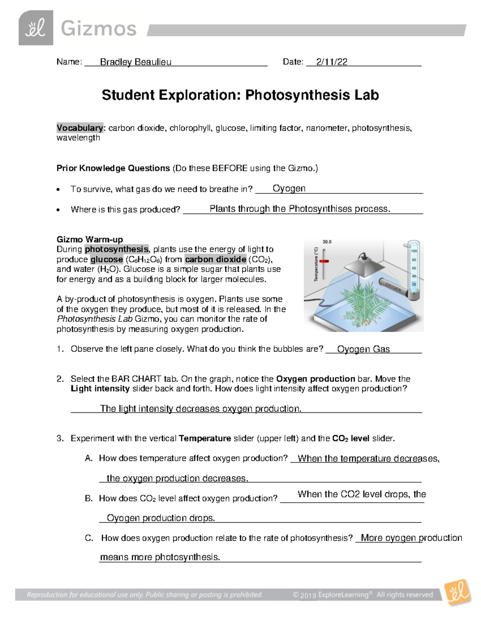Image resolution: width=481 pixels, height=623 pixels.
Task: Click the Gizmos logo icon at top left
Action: pos(36,28)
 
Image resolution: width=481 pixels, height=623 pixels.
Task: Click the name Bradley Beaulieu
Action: pos(135,62)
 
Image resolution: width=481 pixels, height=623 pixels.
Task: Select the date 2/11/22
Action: pos(331,62)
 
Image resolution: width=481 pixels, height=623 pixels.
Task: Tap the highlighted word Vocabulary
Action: pos(80,128)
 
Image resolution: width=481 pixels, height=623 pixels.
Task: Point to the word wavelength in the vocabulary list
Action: pos(78,138)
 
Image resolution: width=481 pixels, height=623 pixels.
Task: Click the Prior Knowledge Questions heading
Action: pos(113,168)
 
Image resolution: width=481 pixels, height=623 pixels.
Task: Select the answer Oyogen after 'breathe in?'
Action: pos(289,188)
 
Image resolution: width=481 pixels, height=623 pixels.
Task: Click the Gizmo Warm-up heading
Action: pos(89,239)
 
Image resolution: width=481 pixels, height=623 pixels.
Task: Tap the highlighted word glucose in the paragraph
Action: pos(107,259)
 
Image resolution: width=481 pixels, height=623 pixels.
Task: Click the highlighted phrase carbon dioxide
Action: pos(216,259)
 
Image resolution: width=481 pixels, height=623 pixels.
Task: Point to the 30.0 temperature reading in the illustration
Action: pos(327,242)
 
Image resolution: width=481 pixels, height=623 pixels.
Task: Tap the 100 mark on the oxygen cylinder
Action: pos(414,251)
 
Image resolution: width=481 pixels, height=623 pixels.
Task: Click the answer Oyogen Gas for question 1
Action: pos(363,349)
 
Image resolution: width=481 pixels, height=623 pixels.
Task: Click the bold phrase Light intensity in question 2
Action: pos(100,388)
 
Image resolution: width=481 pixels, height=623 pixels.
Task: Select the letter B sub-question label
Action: pos(89,498)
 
